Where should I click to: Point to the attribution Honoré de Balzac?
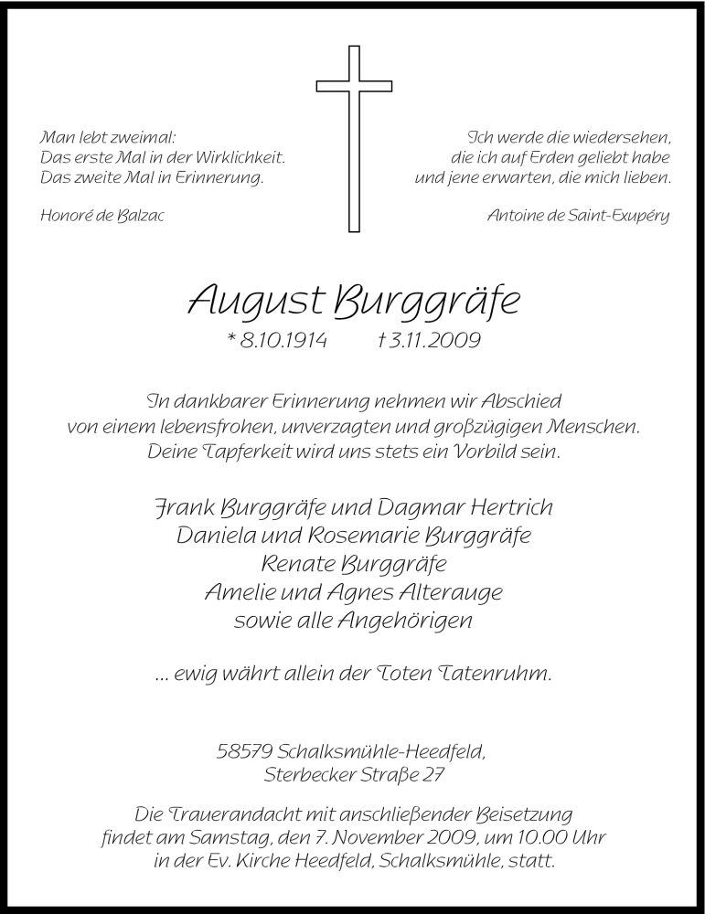coord(102,216)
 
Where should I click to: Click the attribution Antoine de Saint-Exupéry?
coord(579,216)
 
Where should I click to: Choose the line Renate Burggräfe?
coord(353,564)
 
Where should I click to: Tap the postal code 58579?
coord(242,753)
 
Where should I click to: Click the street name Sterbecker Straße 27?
coord(353,777)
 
